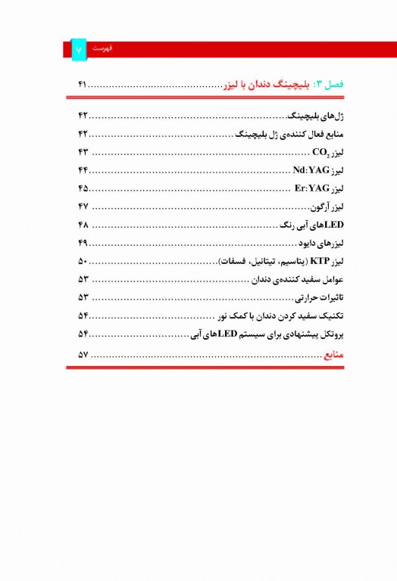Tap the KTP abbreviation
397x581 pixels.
point(320,261)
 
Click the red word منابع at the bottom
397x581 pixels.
point(333,353)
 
